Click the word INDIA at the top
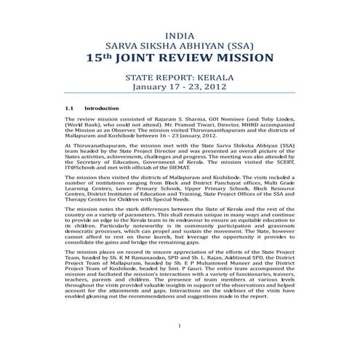(x=180, y=34)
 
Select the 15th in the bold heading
(x=98, y=57)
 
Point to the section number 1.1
(x=70, y=108)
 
